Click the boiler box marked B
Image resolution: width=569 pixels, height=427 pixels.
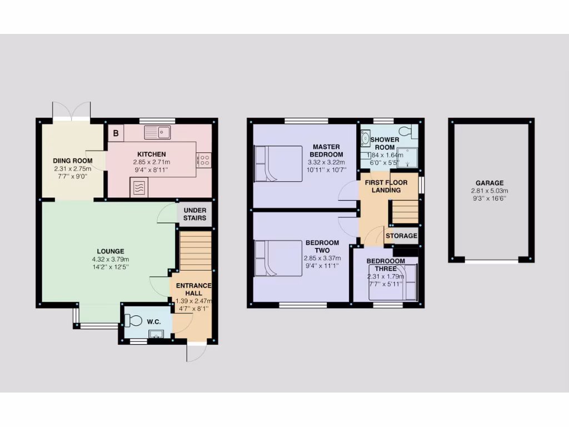(116, 133)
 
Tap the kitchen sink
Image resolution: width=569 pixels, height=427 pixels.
(158, 132)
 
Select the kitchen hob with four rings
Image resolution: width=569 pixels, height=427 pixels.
(203, 160)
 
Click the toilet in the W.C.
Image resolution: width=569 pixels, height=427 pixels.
(134, 320)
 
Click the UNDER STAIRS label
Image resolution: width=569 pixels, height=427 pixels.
(194, 214)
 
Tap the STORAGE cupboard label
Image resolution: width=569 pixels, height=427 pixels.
(401, 236)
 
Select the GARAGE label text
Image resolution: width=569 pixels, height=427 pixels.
(490, 183)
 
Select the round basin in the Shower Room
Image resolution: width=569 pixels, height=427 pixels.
(366, 137)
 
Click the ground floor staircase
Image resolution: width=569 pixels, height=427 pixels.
(196, 251)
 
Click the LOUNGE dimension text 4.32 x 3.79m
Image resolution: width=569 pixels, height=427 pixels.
(110, 260)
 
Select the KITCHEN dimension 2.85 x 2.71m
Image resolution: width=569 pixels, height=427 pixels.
(152, 162)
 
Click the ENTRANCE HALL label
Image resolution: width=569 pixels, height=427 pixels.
(194, 290)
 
